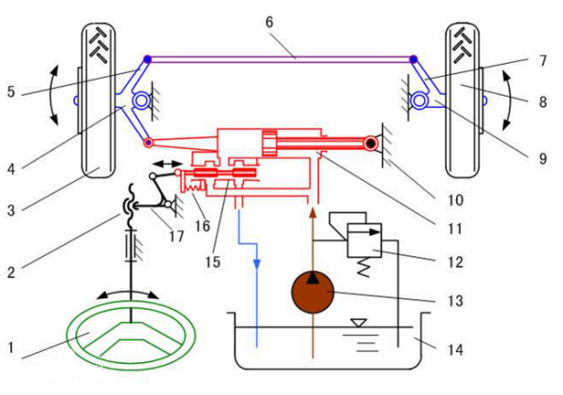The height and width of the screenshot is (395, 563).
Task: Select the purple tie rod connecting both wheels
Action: click(x=281, y=60)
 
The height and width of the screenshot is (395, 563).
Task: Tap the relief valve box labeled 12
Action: click(x=361, y=241)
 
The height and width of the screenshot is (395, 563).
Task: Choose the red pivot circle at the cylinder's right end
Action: click(x=373, y=144)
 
